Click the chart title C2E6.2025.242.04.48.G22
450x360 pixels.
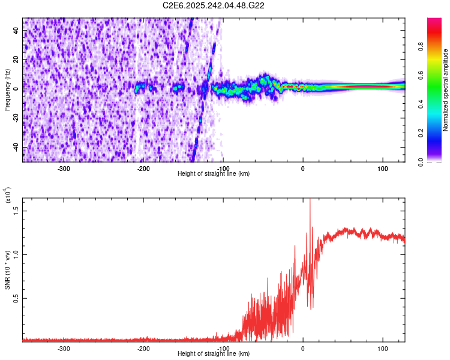pos(214,5)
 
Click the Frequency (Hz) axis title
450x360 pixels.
pos(7,89)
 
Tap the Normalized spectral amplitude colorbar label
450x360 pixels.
pos(445,90)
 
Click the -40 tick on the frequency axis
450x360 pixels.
pos(16,148)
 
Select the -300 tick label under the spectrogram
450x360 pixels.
pos(64,168)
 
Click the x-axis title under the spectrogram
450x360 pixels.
pos(214,174)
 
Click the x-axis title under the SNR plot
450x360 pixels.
pos(214,354)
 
